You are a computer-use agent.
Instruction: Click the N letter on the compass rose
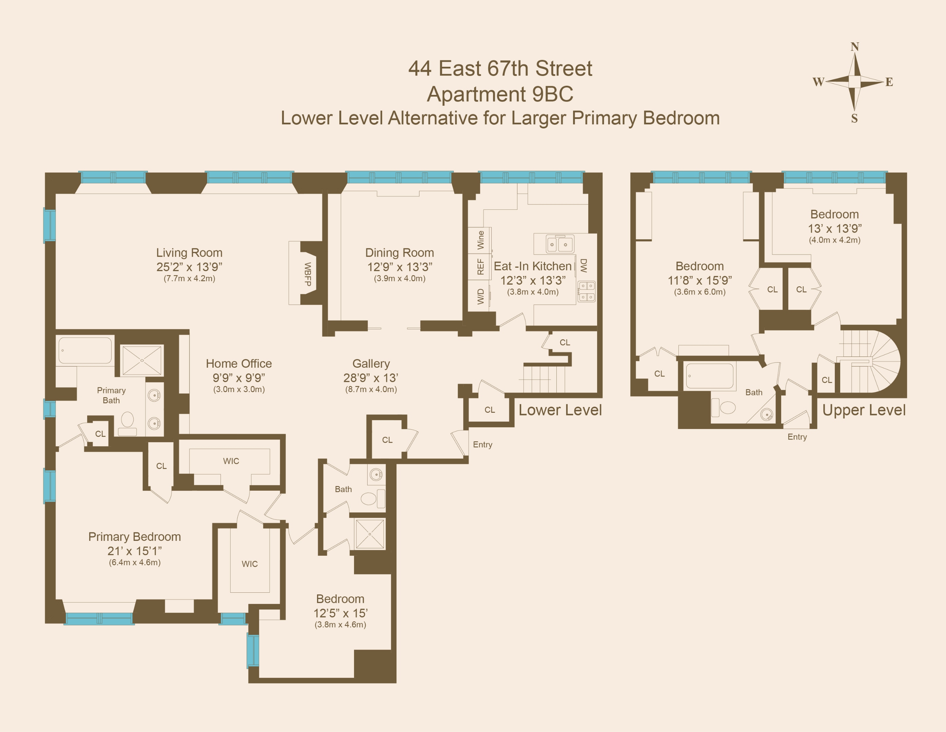tap(854, 47)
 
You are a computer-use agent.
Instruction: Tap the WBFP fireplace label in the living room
tap(308, 274)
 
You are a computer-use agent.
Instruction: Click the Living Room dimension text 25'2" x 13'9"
tap(189, 267)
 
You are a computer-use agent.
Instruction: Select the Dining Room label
tap(399, 252)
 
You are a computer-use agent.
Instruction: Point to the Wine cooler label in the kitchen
tap(480, 240)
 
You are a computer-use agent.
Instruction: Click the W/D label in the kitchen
tap(480, 297)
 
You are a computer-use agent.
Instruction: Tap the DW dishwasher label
tap(584, 265)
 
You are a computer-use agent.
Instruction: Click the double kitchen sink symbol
tap(559, 244)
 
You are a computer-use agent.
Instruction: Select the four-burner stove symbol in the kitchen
tap(587, 291)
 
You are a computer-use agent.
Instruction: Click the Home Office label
tap(239, 363)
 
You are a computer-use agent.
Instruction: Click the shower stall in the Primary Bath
tap(142, 360)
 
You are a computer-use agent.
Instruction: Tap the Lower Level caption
tap(560, 410)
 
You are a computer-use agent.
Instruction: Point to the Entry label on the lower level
tap(482, 445)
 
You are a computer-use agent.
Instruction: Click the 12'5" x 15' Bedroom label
tap(340, 599)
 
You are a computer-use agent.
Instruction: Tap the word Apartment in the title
tap(476, 94)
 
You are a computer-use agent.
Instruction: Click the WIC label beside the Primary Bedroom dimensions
tap(250, 564)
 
